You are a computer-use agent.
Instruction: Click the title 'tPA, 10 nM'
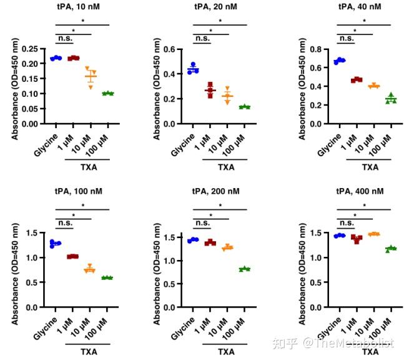(81, 8)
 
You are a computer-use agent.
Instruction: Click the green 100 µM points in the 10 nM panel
(109, 93)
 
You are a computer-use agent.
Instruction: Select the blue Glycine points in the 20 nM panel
(194, 69)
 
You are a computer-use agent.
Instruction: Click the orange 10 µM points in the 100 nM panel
(91, 269)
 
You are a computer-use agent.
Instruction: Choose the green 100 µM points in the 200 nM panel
(245, 269)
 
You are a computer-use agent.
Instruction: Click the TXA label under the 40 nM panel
(370, 167)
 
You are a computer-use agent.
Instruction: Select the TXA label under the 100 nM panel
(89, 352)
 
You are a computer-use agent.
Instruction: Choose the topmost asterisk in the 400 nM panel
(363, 205)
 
